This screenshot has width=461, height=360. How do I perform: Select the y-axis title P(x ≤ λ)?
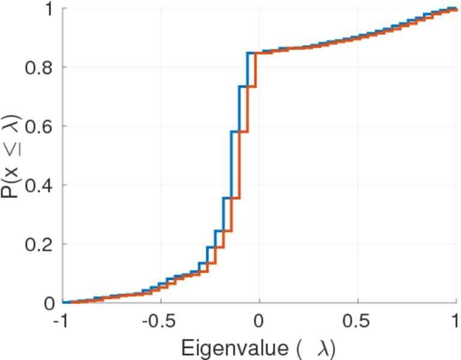(13, 156)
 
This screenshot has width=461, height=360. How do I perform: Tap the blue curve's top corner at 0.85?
(248, 53)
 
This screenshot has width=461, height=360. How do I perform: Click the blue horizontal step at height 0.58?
(235, 131)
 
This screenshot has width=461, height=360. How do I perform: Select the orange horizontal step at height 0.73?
(252, 87)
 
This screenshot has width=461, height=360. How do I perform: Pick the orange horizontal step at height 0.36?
(235, 198)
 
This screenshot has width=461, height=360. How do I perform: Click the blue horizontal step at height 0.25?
(219, 231)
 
